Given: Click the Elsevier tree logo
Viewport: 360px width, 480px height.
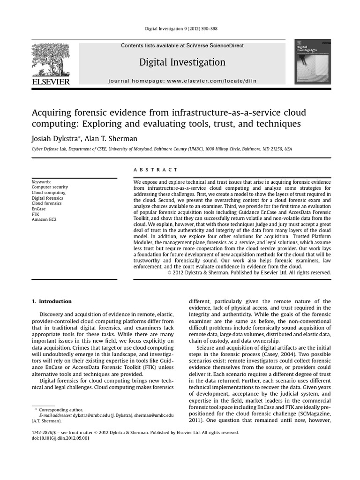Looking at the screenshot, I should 51,60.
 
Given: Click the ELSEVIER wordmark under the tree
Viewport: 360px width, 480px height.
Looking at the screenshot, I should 51,82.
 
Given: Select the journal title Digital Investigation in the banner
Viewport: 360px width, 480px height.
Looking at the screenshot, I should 182,62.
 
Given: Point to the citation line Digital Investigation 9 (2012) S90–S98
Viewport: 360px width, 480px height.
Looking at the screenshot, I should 181,29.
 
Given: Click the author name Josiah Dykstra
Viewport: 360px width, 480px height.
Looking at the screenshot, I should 55,139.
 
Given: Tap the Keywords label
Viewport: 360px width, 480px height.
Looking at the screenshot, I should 41,181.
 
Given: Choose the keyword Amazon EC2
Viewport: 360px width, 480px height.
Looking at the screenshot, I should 44,219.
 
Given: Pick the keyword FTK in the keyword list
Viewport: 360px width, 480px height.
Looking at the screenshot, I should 36,214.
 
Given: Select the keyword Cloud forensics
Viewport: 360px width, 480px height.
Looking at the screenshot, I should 46,203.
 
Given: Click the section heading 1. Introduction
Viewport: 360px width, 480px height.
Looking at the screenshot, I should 52,301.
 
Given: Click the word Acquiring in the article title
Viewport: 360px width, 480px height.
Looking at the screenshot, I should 51,113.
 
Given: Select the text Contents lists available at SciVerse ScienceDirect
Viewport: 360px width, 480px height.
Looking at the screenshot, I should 182,45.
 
